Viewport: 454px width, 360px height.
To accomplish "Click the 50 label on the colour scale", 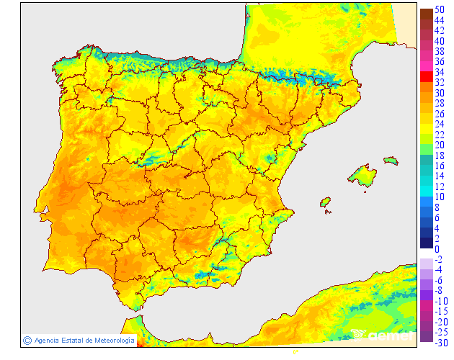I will click(x=439, y=10).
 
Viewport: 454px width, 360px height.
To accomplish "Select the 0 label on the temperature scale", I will click(x=437, y=249).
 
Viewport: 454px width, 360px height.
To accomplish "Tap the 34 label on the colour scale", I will click(x=439, y=73).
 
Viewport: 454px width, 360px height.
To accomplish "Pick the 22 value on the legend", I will click(x=439, y=135).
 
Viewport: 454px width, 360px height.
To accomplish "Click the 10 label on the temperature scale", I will click(x=439, y=197).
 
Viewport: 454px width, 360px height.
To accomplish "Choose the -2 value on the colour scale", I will click(x=439, y=259).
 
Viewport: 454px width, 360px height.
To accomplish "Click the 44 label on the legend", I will click(x=439, y=21).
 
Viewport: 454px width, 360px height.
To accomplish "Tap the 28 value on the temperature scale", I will click(x=439, y=104).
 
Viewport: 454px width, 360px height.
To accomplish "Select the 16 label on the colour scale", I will click(x=439, y=166).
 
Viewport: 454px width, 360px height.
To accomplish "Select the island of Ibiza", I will click(x=325, y=202).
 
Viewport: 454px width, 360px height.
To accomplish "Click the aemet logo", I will click(x=381, y=335).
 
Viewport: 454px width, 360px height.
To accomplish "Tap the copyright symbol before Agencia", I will click(x=27, y=340).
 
